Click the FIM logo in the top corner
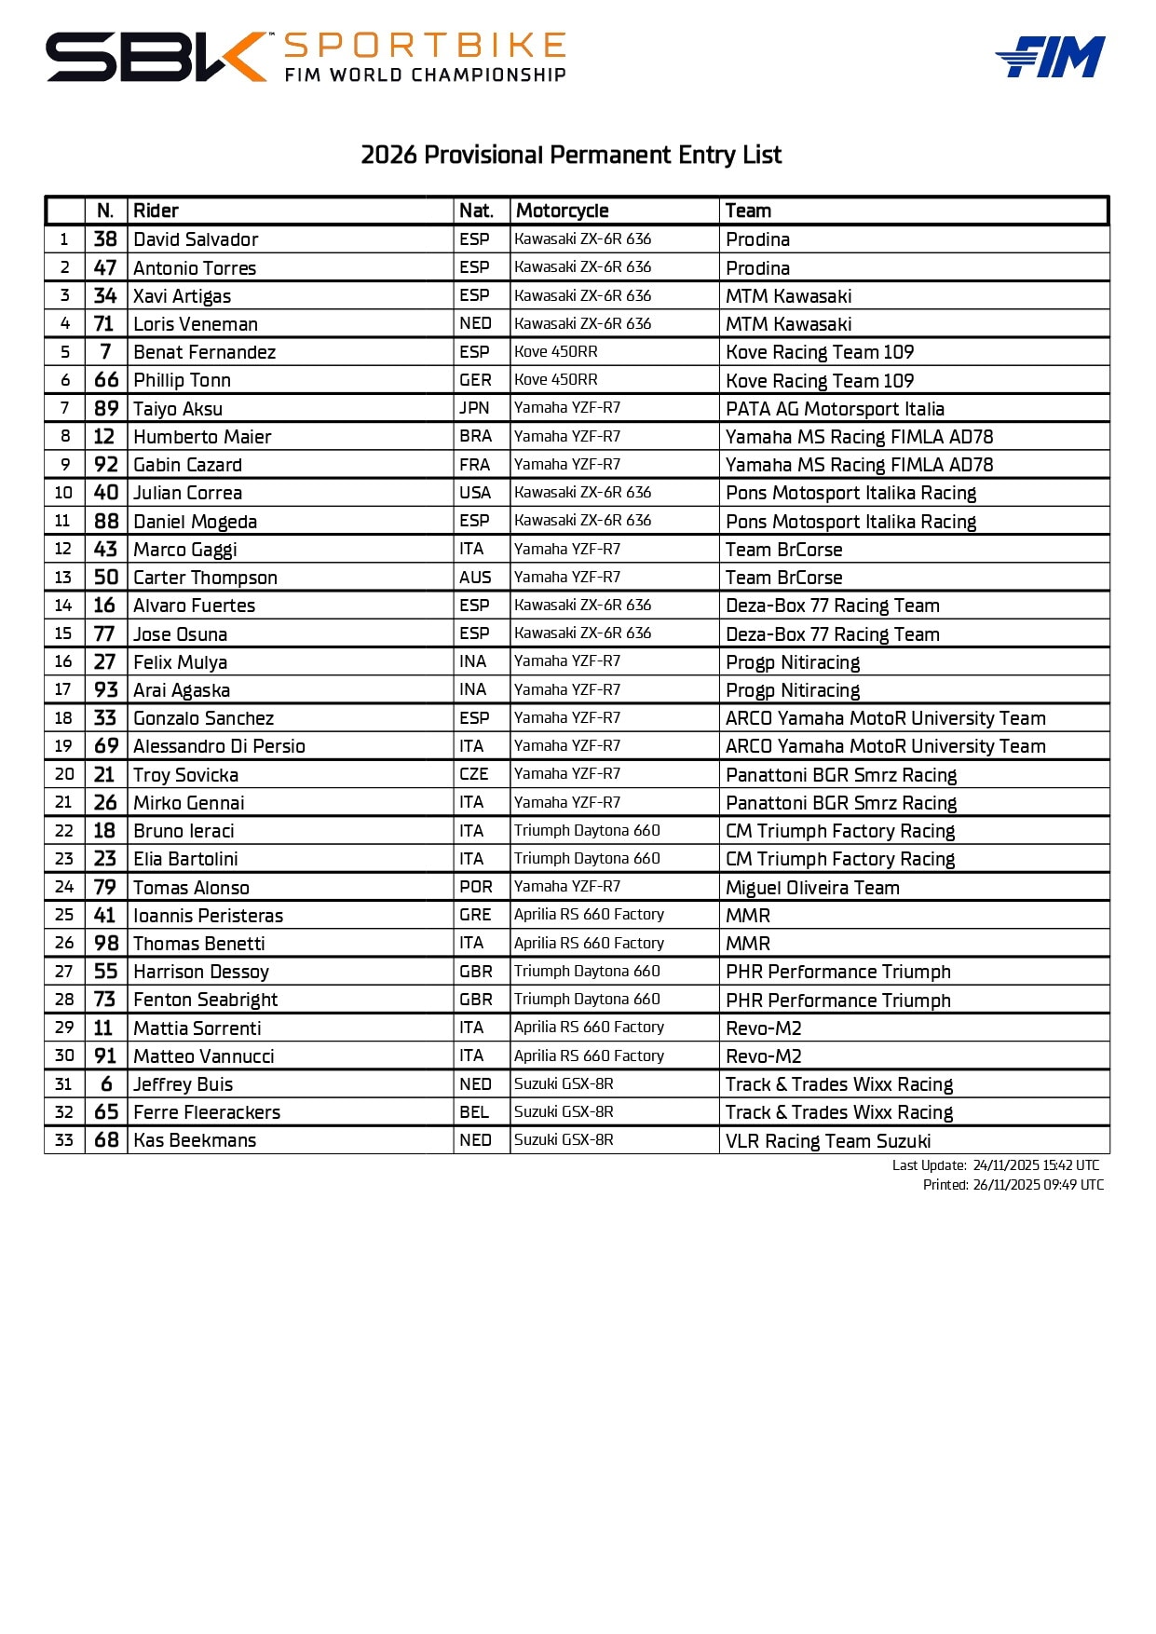(1050, 58)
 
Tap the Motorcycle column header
(562, 211)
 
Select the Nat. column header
(476, 211)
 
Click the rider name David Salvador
(196, 239)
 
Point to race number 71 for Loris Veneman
(104, 323)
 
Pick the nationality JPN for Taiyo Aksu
(474, 408)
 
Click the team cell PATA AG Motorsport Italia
(835, 409)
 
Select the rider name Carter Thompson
(205, 578)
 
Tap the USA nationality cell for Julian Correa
(474, 492)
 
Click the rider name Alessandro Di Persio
(219, 746)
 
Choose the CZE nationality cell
(474, 774)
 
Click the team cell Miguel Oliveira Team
(812, 888)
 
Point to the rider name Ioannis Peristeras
(208, 916)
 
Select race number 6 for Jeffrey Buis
(106, 1084)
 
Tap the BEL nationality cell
(474, 1112)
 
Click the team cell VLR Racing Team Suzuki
(828, 1141)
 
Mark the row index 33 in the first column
(64, 1140)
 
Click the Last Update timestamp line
(995, 1165)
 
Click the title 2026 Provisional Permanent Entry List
(571, 155)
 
